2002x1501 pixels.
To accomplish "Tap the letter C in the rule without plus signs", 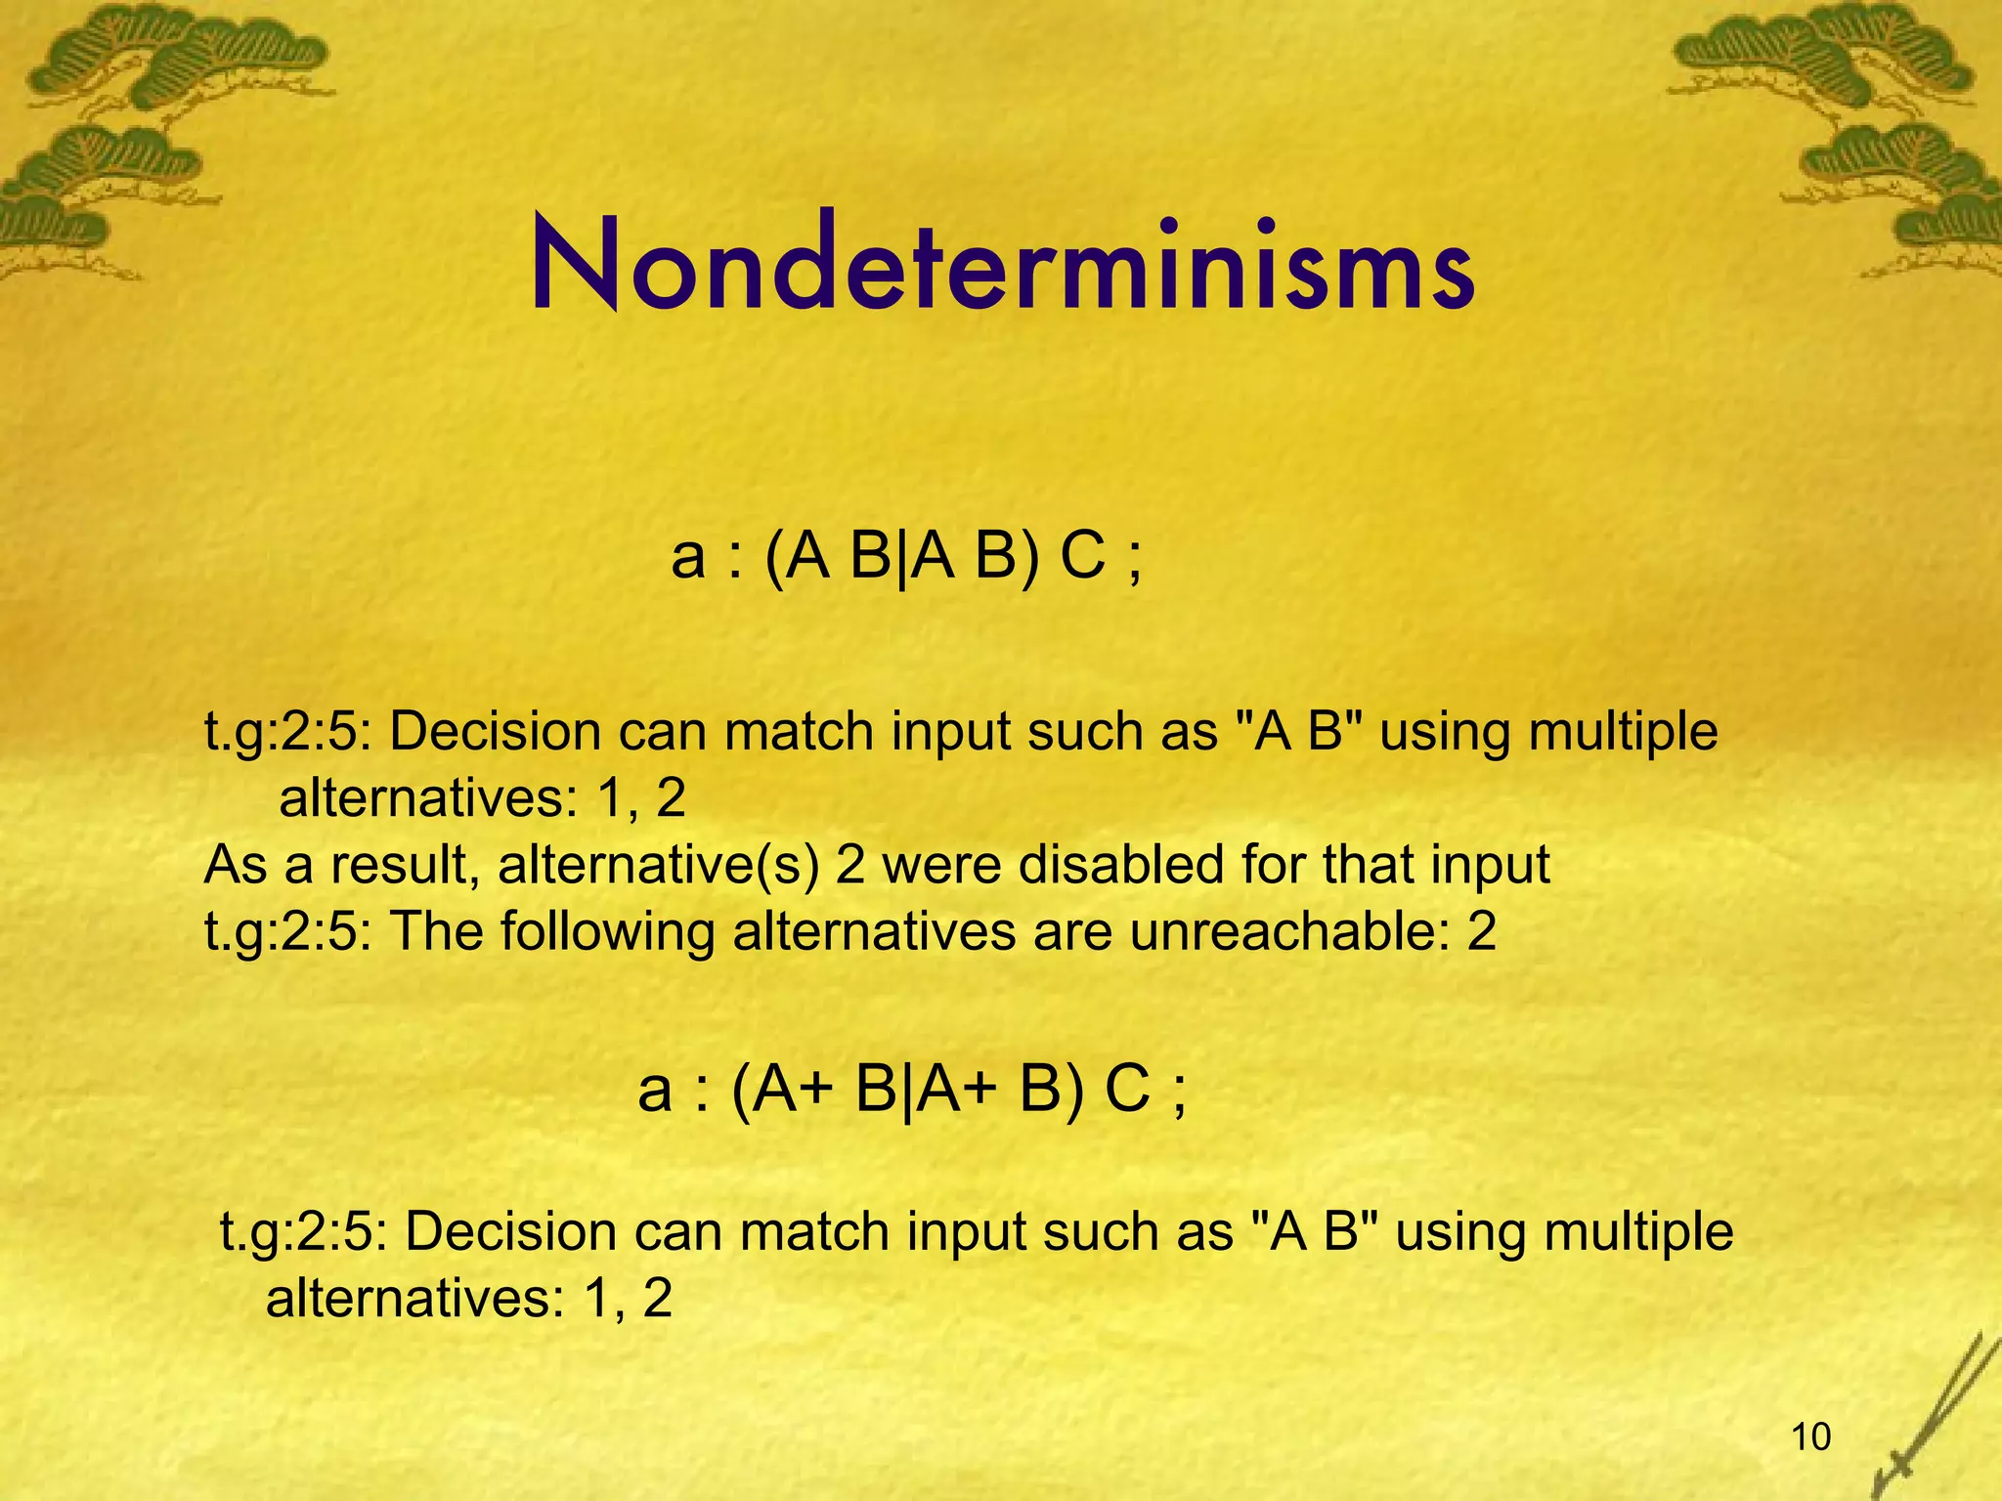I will (x=1082, y=558).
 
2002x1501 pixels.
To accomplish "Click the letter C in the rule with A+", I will (x=1127, y=1090).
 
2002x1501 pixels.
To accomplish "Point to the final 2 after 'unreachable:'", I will (x=1482, y=931).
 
